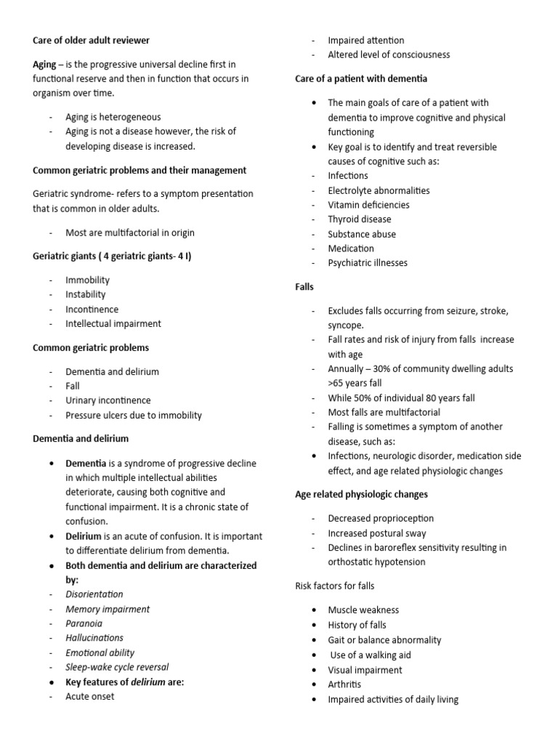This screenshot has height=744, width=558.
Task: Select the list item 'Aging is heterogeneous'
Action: pos(113,117)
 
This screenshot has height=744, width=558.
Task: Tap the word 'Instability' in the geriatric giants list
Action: pos(85,294)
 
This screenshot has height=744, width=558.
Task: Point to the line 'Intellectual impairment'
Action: pos(113,323)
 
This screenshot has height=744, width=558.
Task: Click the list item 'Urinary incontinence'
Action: pos(108,400)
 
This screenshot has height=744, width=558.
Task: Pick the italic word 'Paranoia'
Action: pos(84,623)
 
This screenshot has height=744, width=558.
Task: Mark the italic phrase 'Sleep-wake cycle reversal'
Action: pos(118,667)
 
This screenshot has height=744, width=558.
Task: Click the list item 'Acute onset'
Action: pos(89,696)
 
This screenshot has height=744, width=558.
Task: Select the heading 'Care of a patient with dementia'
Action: pos(361,78)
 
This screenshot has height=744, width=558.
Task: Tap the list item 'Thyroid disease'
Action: pos(359,219)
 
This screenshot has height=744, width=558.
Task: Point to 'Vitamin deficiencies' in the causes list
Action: pos(368,205)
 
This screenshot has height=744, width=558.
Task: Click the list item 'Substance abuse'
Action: pos(361,234)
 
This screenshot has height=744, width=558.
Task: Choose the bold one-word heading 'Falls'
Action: pos(304,287)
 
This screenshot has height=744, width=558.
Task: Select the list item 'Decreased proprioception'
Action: pos(380,518)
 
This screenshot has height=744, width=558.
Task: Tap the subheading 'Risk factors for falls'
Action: pos(335,586)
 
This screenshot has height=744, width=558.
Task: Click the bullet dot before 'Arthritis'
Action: pos(312,685)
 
